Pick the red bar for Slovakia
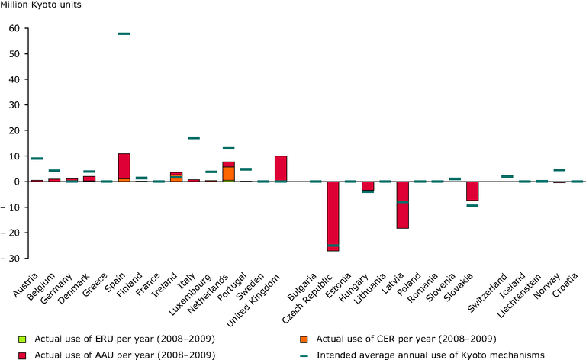point(472,191)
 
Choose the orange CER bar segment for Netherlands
point(228,173)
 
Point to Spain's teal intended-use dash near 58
point(124,34)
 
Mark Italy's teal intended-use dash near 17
point(194,138)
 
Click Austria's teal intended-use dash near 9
point(37,159)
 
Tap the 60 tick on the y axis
point(14,28)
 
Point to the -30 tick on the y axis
point(11,259)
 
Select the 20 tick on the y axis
point(14,130)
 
